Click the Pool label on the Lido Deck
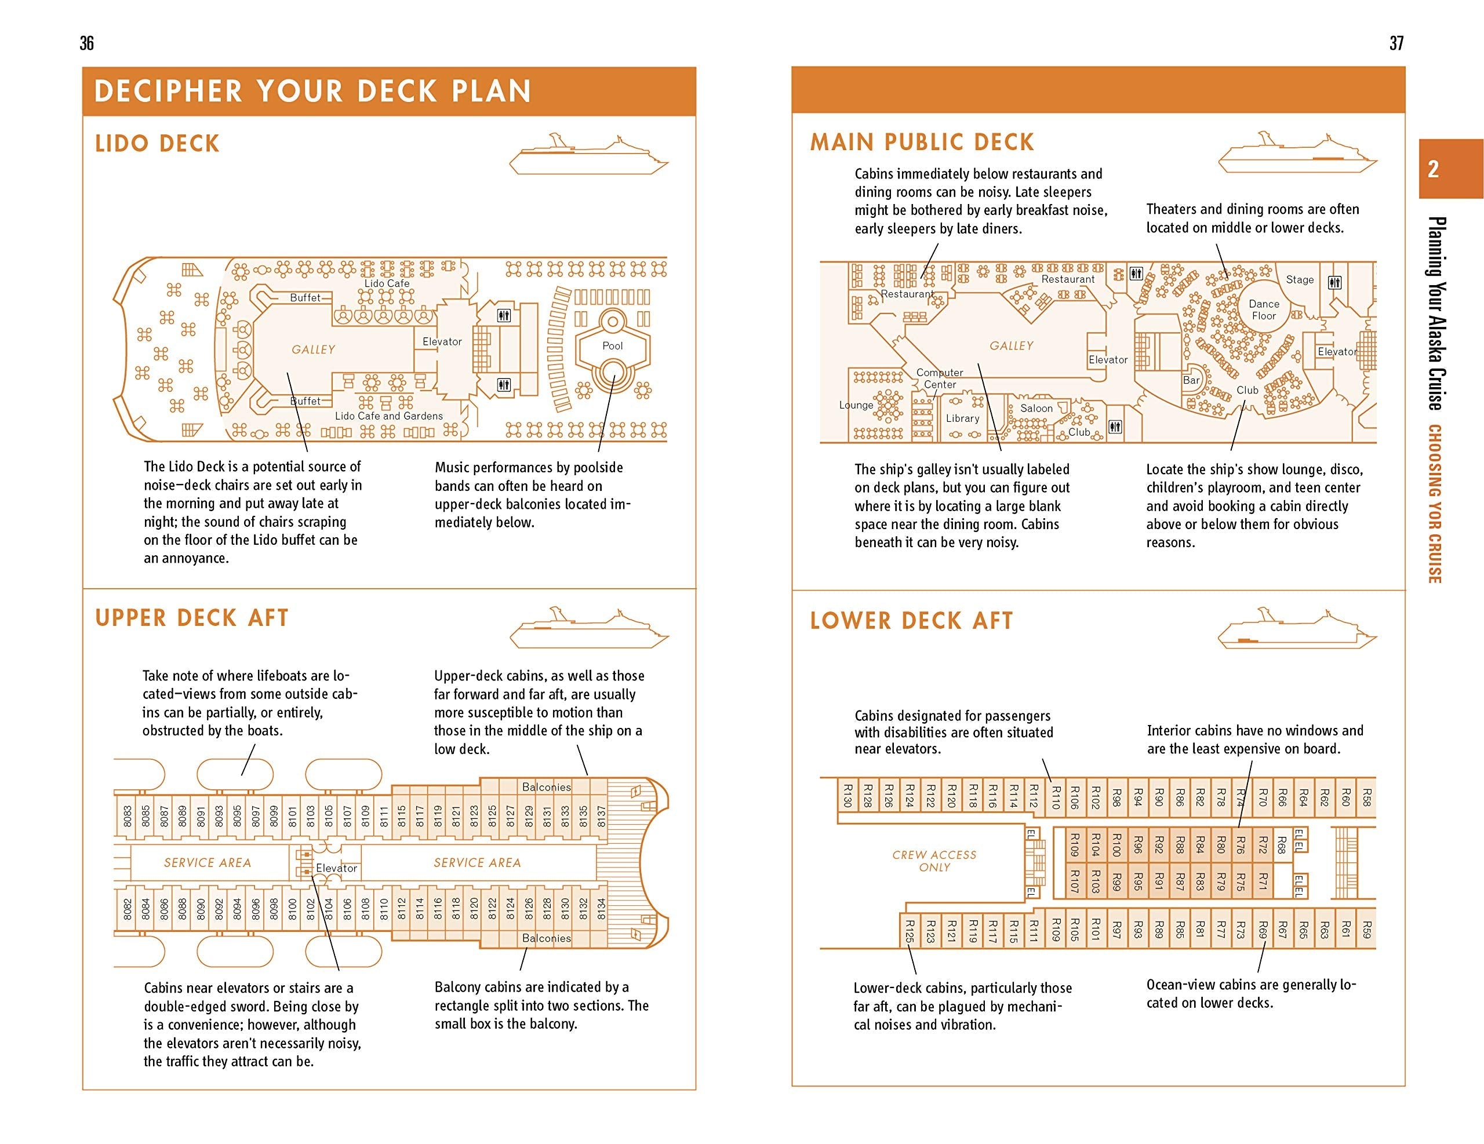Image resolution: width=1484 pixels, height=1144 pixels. pos(612,346)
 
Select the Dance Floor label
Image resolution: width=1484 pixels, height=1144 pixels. pos(1264,310)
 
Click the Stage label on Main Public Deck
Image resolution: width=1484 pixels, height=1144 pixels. pos(1300,279)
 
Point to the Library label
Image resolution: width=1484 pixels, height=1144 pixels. pos(963,418)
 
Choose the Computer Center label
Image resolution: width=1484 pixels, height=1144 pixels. pos(940,378)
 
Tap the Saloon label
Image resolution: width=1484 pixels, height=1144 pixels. pos(1036,408)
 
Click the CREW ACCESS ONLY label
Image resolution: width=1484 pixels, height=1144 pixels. pos(934,861)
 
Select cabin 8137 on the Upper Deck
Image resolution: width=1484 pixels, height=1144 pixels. pos(601,817)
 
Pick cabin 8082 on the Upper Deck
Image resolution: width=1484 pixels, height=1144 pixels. pos(127,909)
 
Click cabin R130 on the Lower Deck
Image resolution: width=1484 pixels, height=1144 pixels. pos(848,795)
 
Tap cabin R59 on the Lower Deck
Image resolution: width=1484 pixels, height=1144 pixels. pos(1366,930)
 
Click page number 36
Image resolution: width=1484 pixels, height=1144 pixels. pos(87,43)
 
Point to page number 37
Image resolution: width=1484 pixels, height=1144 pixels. pos(1396,43)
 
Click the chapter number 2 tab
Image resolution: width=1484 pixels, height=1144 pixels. pos(1434,169)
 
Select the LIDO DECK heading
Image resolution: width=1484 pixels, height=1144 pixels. pos(158,143)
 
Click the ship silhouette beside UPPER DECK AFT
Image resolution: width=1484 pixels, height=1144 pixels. pos(590,628)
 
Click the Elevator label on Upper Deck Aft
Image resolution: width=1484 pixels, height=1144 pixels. pos(336,868)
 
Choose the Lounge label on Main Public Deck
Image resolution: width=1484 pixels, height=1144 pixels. pos(856,405)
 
